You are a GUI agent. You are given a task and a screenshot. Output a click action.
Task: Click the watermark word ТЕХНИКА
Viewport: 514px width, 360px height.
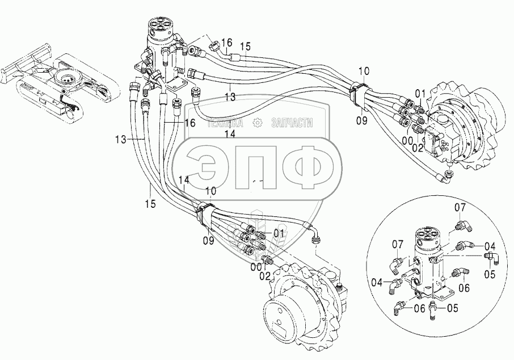(x=225, y=123)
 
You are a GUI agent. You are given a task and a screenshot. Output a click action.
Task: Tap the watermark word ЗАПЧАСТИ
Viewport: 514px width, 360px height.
(x=292, y=123)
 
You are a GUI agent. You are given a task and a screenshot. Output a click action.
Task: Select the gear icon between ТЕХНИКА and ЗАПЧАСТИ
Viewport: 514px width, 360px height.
(x=258, y=123)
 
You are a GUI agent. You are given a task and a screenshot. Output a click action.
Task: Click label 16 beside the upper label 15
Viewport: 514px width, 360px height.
(x=226, y=43)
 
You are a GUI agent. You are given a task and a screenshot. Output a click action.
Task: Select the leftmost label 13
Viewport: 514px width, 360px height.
(x=121, y=140)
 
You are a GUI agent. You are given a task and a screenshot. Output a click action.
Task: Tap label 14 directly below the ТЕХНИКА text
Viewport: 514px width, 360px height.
(x=230, y=134)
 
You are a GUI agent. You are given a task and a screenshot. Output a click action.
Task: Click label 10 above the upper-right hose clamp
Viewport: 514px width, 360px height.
(x=364, y=71)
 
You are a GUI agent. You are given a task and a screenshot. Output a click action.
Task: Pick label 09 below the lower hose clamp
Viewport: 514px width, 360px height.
(x=208, y=241)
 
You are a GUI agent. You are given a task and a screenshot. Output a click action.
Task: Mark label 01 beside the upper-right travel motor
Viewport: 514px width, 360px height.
(x=421, y=94)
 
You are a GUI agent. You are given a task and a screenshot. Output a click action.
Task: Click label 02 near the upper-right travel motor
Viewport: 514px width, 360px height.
(x=418, y=148)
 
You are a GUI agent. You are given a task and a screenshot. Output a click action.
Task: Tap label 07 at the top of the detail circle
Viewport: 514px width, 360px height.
(x=460, y=207)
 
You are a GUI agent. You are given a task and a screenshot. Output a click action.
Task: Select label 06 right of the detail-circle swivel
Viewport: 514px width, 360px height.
(x=464, y=288)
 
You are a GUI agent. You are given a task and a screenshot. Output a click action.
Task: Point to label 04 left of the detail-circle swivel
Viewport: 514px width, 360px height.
(x=378, y=282)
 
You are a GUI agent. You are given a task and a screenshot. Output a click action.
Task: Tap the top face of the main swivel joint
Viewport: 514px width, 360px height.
(x=161, y=25)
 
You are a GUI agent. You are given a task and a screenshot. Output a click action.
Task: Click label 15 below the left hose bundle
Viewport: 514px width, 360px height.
(x=150, y=203)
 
